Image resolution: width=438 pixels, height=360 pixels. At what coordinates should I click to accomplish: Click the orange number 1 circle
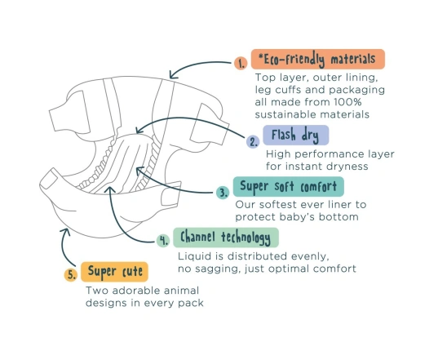click(x=241, y=63)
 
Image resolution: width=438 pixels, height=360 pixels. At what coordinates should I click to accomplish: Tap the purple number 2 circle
click(x=253, y=142)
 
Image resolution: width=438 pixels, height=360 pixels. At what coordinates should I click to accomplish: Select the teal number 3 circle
click(x=223, y=193)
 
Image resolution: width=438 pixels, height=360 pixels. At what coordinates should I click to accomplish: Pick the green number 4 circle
click(x=163, y=241)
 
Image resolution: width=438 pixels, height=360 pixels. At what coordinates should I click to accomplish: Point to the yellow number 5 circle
click(x=71, y=275)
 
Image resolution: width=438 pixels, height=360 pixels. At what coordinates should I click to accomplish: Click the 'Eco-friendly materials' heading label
click(x=318, y=59)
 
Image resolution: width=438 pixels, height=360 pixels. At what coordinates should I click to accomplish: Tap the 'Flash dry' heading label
click(x=296, y=135)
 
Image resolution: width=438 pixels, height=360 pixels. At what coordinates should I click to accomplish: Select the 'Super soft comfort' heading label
click(x=288, y=186)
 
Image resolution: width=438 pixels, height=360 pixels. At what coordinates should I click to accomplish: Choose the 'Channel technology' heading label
click(x=226, y=238)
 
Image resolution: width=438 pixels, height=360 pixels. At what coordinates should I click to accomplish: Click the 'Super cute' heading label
click(x=114, y=272)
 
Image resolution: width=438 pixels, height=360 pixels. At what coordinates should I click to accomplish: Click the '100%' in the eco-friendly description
click(x=347, y=102)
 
